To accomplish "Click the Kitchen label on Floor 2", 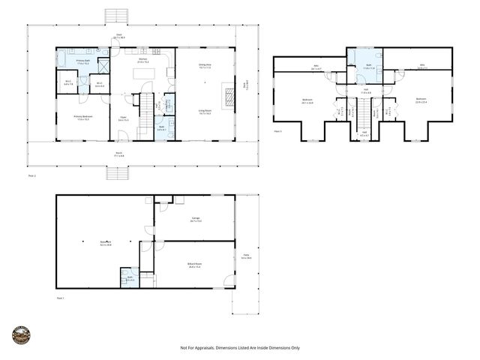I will point(142,59).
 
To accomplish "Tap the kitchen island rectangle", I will point(142,73).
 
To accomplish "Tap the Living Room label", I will point(205,111).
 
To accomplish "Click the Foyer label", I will point(122,118).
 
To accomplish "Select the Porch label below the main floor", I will point(119,154).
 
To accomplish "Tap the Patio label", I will point(246,256).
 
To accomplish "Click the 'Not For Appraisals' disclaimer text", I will point(240,348).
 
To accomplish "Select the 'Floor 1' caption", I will point(61,298).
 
